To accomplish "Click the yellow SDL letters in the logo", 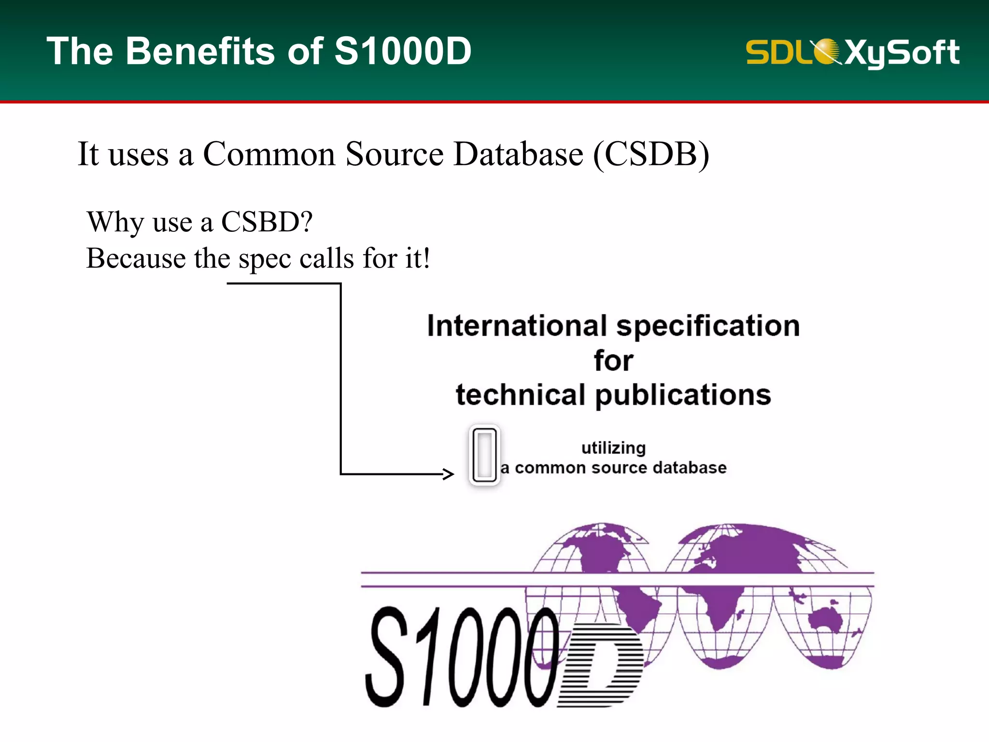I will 778,52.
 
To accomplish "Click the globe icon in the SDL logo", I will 827,51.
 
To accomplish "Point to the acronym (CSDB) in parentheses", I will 651,155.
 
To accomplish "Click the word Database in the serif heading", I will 518,155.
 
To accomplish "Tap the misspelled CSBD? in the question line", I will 267,222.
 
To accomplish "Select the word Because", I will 136,258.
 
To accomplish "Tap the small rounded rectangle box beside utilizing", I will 484,456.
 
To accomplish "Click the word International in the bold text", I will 517,326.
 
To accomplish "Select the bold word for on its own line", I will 613,361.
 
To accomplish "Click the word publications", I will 683,395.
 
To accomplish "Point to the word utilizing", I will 613,448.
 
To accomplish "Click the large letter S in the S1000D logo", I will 386,657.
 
